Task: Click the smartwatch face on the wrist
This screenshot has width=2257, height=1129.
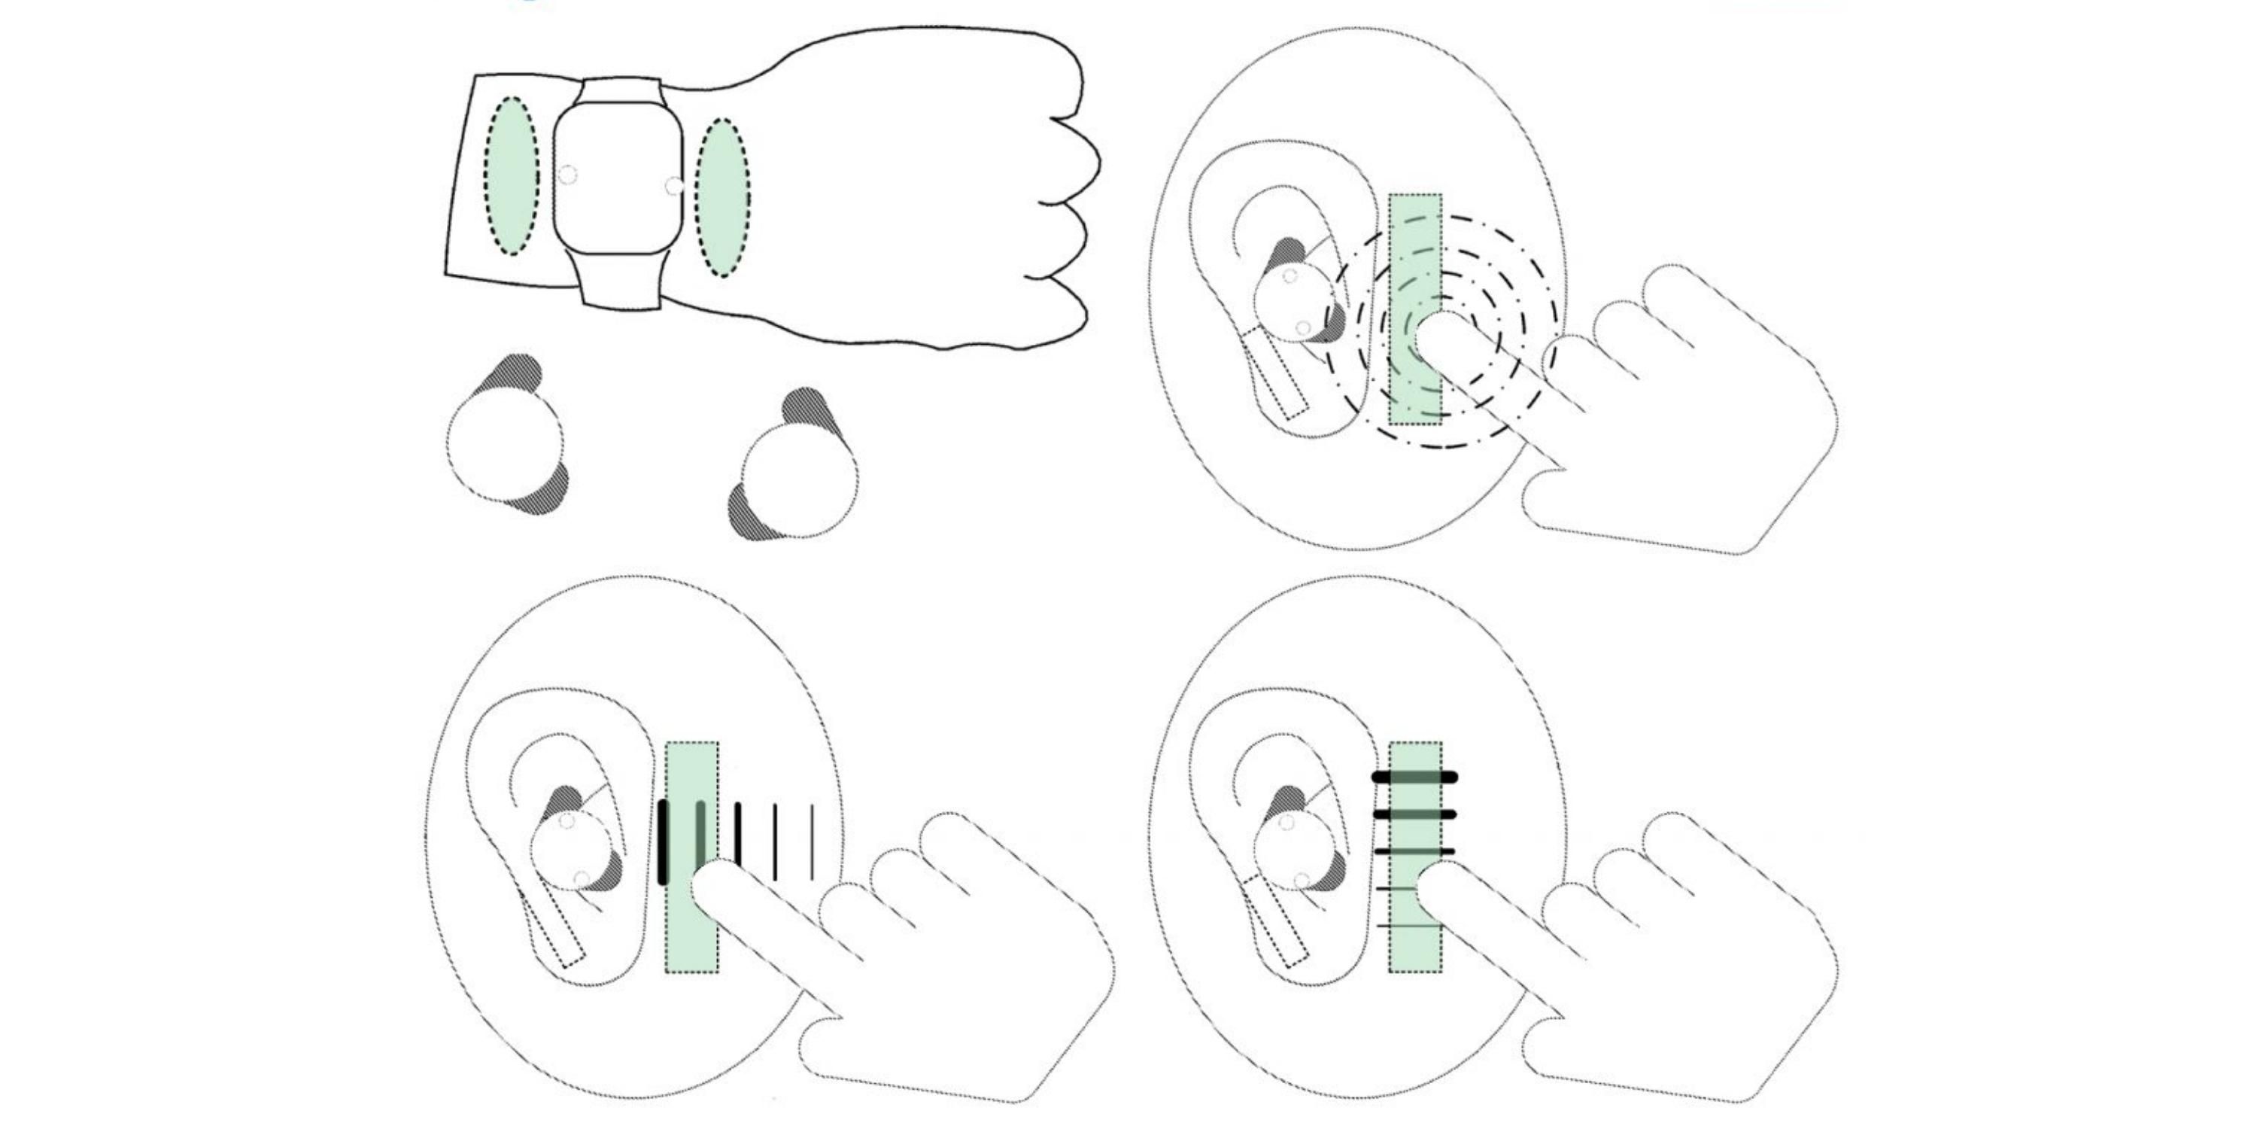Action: coord(618,179)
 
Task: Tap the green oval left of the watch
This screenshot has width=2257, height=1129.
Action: coord(512,176)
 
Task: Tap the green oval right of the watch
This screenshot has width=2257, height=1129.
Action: coord(723,197)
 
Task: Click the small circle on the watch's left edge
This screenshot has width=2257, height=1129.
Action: coord(568,175)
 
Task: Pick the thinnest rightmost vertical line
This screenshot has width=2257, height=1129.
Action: coord(813,841)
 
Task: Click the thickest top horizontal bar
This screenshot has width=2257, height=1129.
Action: coord(1414,778)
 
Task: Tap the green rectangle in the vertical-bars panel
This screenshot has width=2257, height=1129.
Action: coord(692,938)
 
